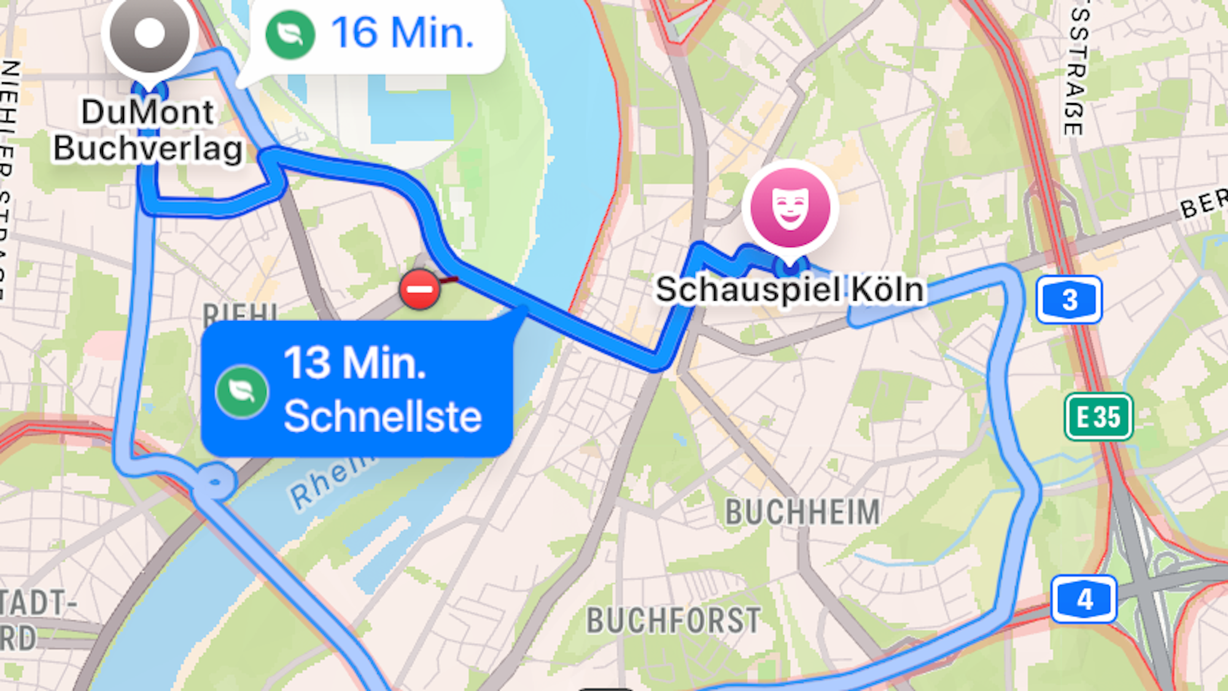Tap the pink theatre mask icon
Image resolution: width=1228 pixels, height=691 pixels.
[x=790, y=207]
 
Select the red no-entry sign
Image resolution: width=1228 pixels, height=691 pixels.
[x=419, y=288]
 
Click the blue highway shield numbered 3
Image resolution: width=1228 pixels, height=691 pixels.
[x=1069, y=300]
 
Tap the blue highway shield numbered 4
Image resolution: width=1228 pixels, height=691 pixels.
[x=1084, y=599]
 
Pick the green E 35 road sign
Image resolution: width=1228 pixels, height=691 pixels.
[x=1098, y=417]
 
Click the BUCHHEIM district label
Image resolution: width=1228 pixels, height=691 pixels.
[x=802, y=512]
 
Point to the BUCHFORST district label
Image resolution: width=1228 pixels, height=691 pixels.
[x=674, y=620]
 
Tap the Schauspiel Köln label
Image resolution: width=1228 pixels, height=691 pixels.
[x=790, y=290]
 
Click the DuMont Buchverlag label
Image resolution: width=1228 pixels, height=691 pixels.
[x=148, y=131]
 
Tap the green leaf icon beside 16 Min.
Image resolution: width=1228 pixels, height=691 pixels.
[x=290, y=34]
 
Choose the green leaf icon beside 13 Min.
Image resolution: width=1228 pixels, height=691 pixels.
[x=242, y=392]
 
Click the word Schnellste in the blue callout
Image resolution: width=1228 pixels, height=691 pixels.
[x=383, y=417]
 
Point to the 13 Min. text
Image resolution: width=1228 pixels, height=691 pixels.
[x=355, y=363]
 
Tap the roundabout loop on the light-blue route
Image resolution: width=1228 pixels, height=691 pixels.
[x=214, y=482]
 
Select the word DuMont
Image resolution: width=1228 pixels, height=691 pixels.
[x=148, y=112]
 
